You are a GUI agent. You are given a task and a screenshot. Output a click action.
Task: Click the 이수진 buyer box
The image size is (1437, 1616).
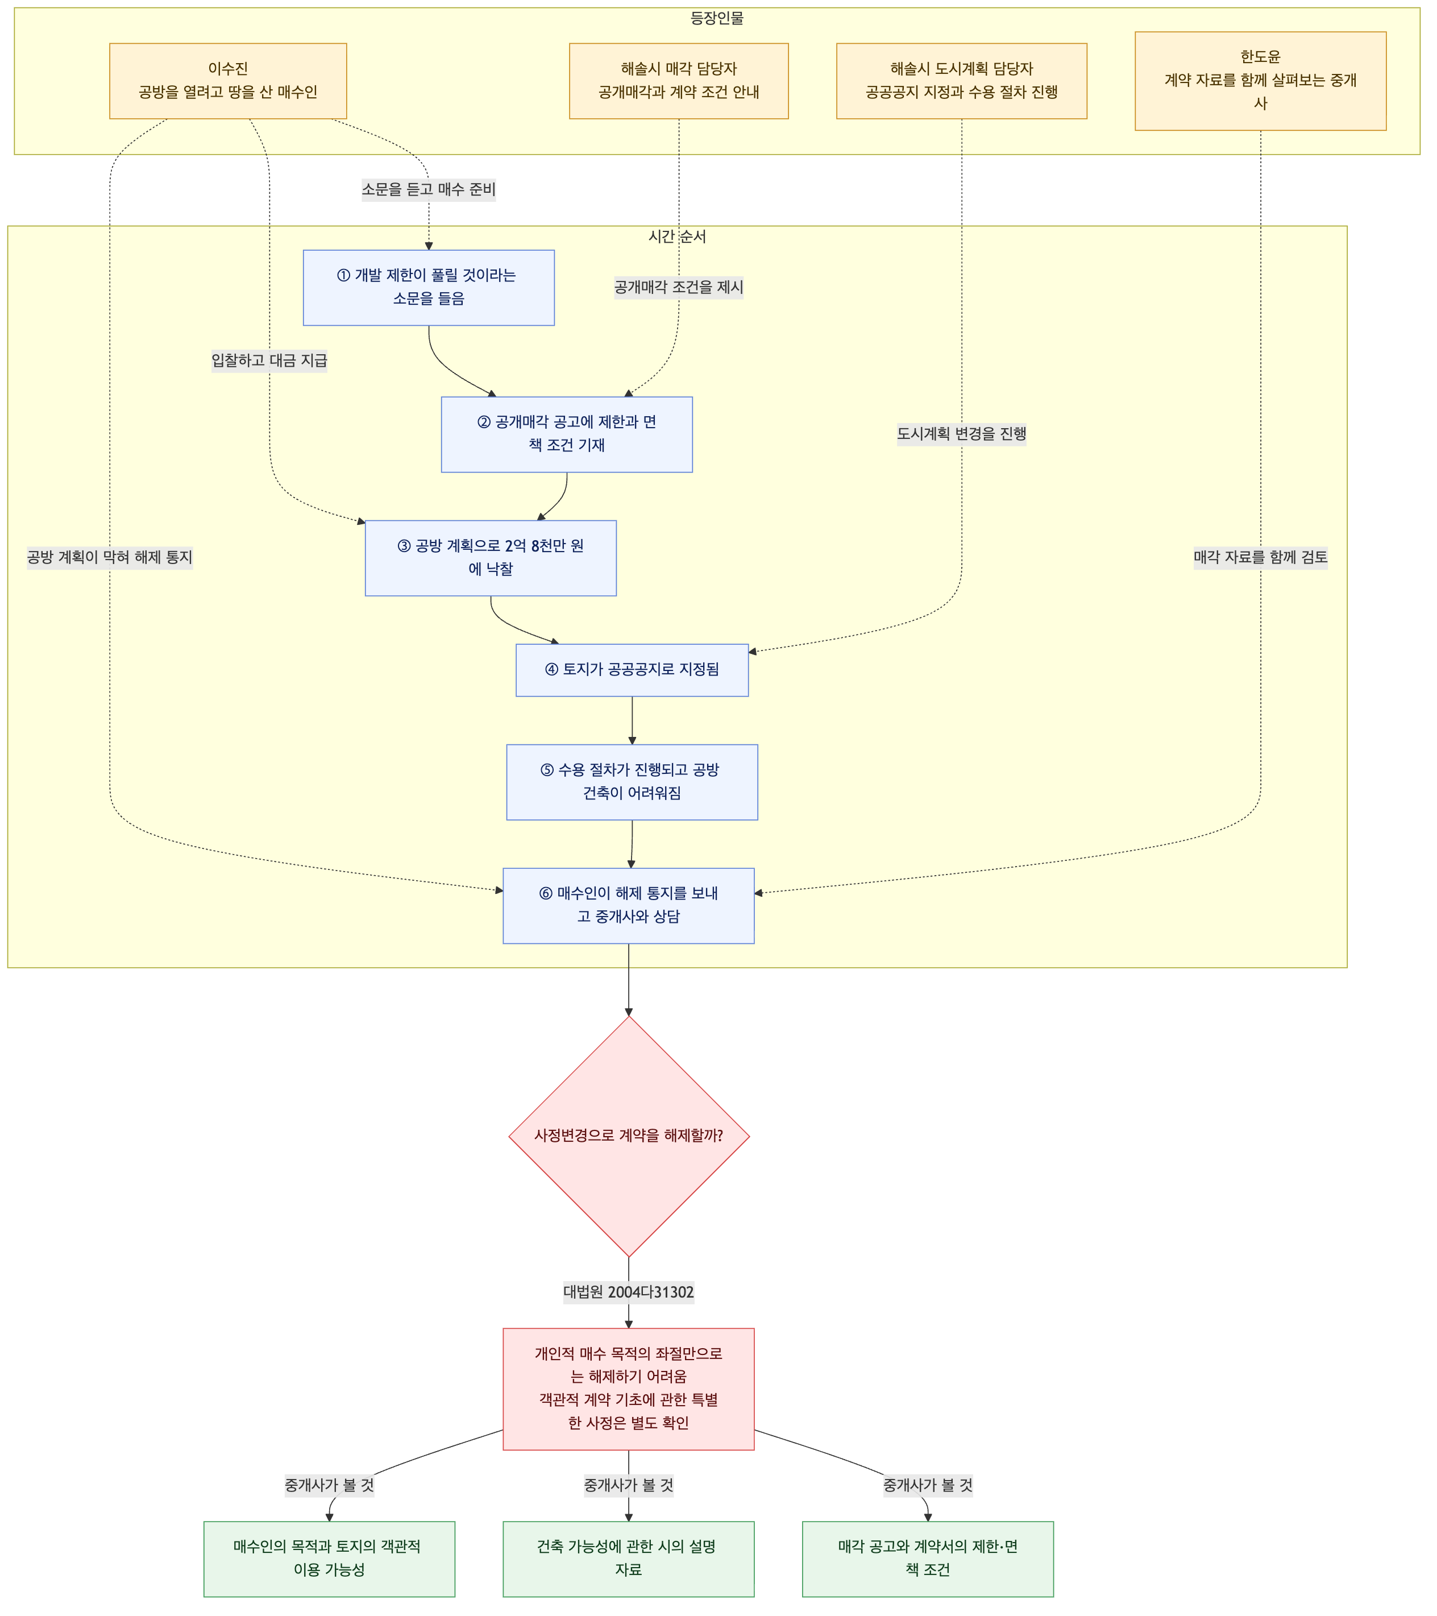pyautogui.click(x=227, y=81)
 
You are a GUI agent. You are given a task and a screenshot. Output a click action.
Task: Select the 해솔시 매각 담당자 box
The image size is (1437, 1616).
pyautogui.click(x=679, y=81)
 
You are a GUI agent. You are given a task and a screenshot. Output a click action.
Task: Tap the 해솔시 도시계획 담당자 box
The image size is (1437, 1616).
pyautogui.click(x=962, y=81)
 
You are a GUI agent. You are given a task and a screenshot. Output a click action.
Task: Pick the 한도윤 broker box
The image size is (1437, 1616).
pyautogui.click(x=1261, y=81)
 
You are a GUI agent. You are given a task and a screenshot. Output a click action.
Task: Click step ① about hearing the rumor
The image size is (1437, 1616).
pyautogui.click(x=429, y=288)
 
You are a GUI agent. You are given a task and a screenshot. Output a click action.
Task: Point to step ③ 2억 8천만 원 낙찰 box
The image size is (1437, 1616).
pyautogui.click(x=491, y=558)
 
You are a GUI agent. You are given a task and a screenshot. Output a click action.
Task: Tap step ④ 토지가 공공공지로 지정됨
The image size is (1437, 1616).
pyautogui.click(x=632, y=670)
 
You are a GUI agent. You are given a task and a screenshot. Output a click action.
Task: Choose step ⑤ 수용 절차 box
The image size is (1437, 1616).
pyautogui.click(x=632, y=782)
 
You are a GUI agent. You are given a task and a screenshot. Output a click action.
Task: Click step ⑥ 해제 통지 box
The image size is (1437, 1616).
pyautogui.click(x=628, y=906)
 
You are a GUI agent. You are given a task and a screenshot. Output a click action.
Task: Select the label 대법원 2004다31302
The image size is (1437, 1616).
pyautogui.click(x=628, y=1292)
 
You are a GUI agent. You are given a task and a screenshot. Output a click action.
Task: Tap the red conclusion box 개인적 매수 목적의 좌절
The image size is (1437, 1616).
pyautogui.click(x=628, y=1389)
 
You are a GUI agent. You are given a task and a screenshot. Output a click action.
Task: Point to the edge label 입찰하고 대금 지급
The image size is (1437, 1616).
pyautogui.click(x=269, y=361)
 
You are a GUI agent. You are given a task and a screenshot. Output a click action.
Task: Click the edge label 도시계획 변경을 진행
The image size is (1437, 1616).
pyautogui.click(x=962, y=434)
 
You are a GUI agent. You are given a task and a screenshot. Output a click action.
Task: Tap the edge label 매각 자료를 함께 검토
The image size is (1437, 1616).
pyautogui.click(x=1261, y=557)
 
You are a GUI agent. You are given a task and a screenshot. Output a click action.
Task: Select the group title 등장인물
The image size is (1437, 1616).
pyautogui.click(x=717, y=18)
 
